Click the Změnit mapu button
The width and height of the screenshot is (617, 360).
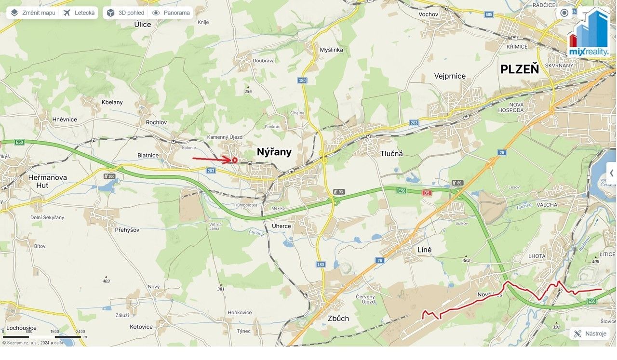[x=33, y=13]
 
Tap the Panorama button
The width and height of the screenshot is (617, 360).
[x=171, y=13]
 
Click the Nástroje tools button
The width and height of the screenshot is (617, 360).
[x=590, y=333]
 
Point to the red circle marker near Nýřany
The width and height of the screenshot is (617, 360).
[x=235, y=160]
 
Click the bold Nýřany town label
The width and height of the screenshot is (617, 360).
[x=274, y=152]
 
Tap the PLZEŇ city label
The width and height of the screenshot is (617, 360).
[x=519, y=69]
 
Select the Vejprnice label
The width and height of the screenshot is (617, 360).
[x=450, y=76]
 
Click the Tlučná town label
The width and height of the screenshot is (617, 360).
[x=391, y=153]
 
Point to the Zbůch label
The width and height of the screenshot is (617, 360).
[x=338, y=318]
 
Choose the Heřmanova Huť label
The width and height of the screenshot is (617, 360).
[x=47, y=182]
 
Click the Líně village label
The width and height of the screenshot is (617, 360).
[x=425, y=250]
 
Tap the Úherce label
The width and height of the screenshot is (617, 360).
[x=282, y=226]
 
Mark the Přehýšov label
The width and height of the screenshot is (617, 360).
[x=127, y=230]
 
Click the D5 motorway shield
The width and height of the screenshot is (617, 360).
[x=426, y=193]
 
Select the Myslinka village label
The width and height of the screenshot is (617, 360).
[x=331, y=50]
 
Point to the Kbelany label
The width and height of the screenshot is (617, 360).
[x=112, y=102]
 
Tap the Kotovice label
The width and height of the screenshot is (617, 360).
[x=141, y=327]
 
